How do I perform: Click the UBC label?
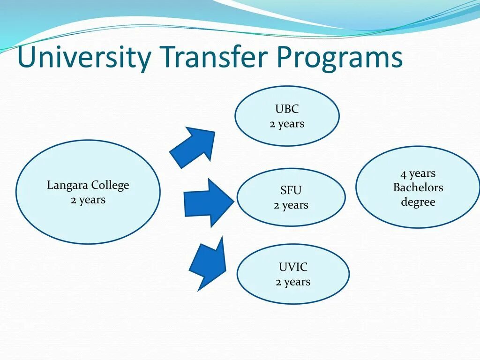point(287,109)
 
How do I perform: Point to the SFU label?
point(291,190)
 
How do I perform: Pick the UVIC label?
point(293,267)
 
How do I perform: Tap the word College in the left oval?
point(110,186)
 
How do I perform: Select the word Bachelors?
point(418,187)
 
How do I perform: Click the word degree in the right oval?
point(418,202)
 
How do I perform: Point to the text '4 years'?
point(418,173)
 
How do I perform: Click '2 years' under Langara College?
point(88,200)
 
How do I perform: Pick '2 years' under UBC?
point(287,124)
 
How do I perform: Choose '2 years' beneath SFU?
point(291,205)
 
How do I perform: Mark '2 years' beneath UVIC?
point(293,282)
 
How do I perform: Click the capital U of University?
point(26,57)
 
